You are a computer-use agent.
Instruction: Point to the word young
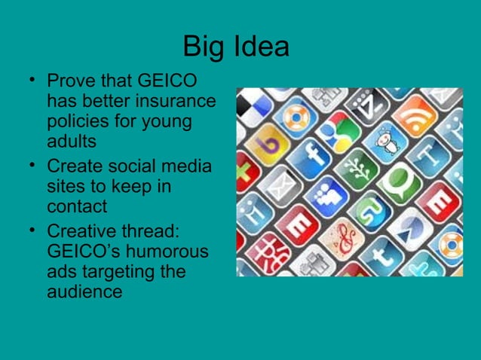(169, 121)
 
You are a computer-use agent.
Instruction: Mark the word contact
(77, 206)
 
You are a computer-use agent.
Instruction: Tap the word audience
(84, 291)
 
